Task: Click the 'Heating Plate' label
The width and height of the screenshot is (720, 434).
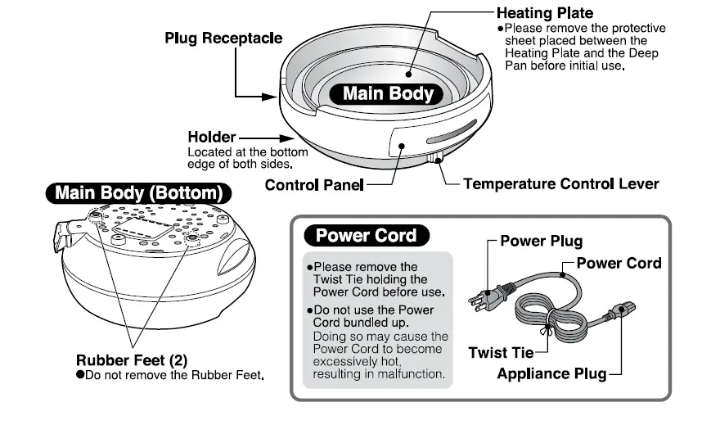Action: [545, 13]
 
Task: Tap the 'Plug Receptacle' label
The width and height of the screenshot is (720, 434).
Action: [223, 38]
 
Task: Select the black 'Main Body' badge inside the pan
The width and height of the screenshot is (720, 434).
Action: [388, 93]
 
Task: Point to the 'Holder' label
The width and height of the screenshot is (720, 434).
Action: [211, 137]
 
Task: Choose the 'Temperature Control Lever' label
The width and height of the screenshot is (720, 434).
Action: [560, 183]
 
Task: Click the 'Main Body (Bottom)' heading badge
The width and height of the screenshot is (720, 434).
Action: [137, 193]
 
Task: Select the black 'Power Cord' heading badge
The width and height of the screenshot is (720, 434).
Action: [366, 236]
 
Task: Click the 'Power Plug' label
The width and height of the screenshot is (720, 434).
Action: [542, 242]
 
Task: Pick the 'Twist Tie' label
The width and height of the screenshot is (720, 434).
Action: [500, 353]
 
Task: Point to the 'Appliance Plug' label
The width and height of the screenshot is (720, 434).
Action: [552, 373]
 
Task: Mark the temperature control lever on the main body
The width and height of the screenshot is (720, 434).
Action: [436, 156]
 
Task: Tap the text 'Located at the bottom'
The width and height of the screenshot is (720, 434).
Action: [248, 152]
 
